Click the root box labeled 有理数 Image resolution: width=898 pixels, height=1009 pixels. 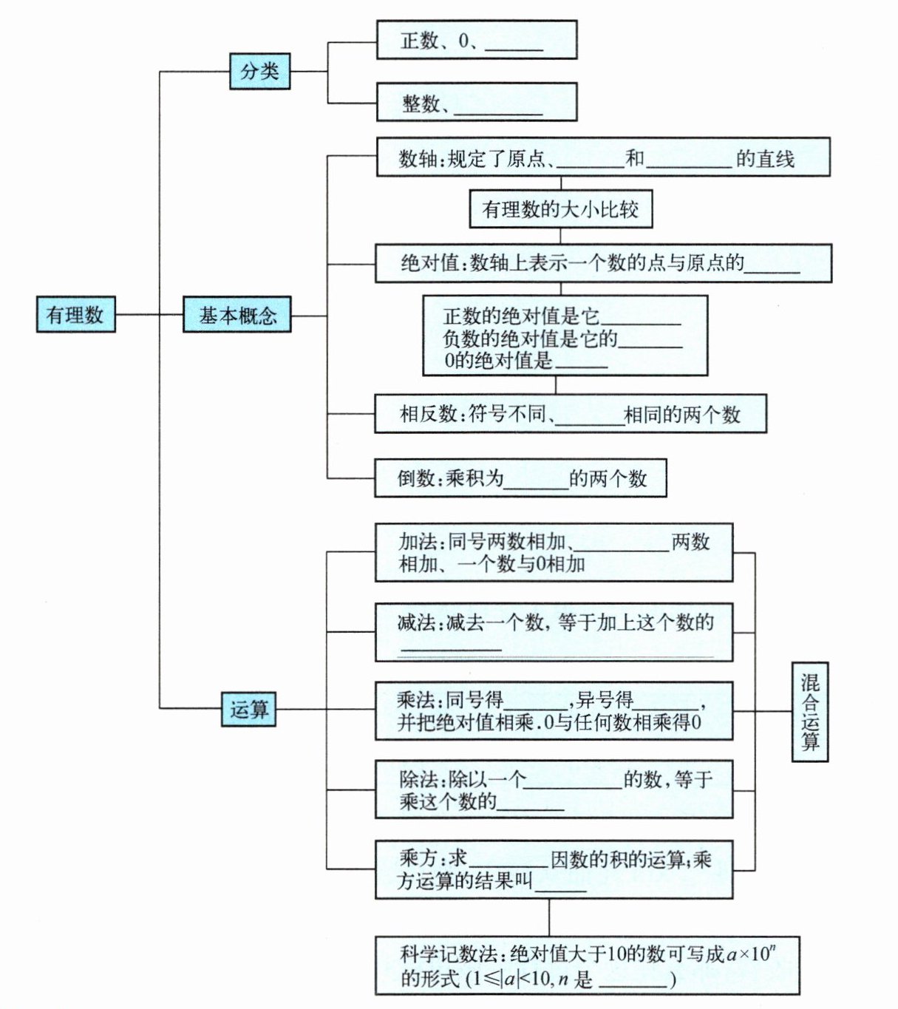pyautogui.click(x=75, y=314)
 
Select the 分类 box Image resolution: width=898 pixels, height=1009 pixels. pyautogui.click(x=259, y=71)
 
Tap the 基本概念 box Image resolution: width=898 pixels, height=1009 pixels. pyautogui.click(x=237, y=316)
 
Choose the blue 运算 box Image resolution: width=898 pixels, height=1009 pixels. pyautogui.click(x=249, y=709)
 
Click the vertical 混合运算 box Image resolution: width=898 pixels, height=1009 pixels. pyautogui.click(x=810, y=711)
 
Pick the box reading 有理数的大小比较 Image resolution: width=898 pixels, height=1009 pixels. pyautogui.click(x=560, y=210)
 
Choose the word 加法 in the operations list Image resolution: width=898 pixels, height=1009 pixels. pyautogui.click(x=418, y=542)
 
